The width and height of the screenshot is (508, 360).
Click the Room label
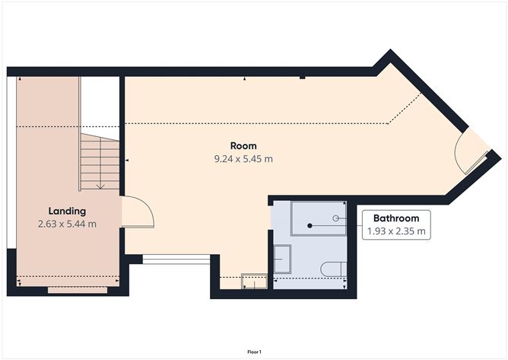pos(243,146)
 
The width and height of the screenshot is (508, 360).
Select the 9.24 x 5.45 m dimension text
pos(243,159)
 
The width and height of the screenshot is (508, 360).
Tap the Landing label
pos(67,212)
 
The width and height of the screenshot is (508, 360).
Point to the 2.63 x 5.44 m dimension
pos(67,224)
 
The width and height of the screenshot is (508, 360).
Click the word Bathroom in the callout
pos(396,218)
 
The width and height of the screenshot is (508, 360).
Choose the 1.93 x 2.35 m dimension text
pos(396,231)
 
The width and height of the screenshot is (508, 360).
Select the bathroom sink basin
pos(282,259)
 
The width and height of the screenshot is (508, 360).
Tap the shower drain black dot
pos(310,225)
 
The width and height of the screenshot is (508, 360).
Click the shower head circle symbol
pos(336,218)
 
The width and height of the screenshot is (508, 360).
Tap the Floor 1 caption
pos(254,352)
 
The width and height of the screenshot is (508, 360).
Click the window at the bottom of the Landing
pos(78,290)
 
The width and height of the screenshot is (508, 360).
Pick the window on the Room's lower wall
pos(176,259)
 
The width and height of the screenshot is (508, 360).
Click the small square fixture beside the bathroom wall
pos(254,281)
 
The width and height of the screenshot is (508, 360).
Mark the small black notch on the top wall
pos(302,78)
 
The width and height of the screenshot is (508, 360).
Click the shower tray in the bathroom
pos(319,218)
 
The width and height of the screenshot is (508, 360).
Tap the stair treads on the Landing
pos(100,162)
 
